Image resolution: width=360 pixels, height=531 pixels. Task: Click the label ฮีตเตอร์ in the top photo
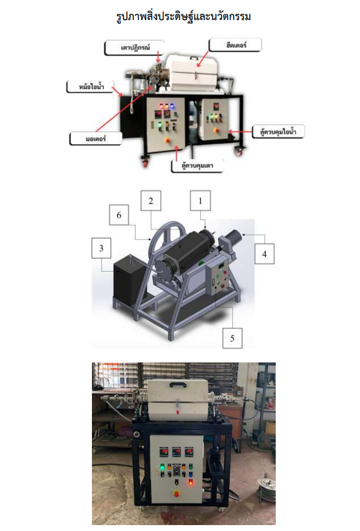235,45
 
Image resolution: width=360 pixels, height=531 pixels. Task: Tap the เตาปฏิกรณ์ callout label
134,48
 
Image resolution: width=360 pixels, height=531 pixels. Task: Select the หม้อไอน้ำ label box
90,87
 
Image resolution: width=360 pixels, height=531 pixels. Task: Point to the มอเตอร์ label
96,138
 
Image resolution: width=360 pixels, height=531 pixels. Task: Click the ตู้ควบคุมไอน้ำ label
278,131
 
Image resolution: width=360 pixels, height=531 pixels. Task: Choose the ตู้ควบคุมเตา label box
197,166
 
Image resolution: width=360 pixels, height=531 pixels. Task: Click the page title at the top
183,17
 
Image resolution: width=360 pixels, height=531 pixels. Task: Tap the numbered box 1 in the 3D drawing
200,201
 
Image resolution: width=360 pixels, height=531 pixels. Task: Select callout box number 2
151,200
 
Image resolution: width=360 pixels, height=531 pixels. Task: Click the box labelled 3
101,248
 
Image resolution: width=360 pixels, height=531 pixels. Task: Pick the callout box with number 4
265,253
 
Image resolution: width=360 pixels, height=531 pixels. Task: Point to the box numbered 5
232,338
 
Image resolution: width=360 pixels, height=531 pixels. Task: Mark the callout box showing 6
119,215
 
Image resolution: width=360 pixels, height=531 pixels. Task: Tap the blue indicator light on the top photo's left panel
171,105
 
